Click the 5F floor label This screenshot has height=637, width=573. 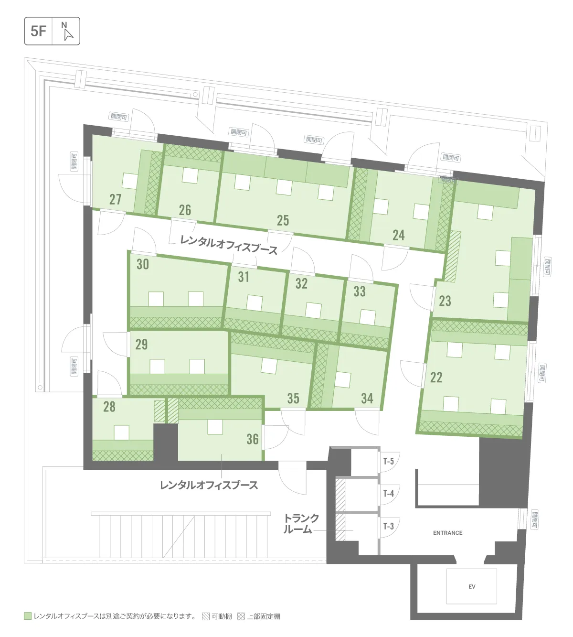pos(38,31)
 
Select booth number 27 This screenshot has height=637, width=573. pos(115,199)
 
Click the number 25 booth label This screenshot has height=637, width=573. pos(283,220)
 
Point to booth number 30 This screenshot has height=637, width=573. pos(143,264)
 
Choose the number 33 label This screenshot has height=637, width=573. pos(360,291)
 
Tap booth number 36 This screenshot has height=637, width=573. pos(253,439)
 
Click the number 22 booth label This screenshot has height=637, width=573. pos(436,377)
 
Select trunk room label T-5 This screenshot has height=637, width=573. pos(389,461)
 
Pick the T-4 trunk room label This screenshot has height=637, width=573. pos(389,494)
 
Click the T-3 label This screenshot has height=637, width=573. pos(389,526)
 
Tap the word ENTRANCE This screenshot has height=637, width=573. pos(447,533)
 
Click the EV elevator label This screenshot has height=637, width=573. pos(472,586)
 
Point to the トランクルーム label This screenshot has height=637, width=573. pos(301,524)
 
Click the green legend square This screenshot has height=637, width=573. pos(28,616)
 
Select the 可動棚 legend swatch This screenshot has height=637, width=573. pos(206,616)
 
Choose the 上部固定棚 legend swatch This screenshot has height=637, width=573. pos(241,616)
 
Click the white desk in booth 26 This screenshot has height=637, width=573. pos(190,175)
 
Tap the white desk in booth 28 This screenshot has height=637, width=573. pos(122,432)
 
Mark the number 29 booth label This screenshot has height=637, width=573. pos(142,344)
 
